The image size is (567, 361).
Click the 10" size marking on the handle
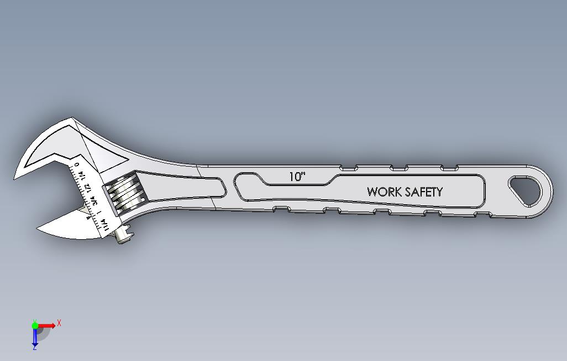[x=297, y=177]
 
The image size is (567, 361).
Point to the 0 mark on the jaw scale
[x=77, y=164]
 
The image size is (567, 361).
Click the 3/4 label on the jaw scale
[x=94, y=200]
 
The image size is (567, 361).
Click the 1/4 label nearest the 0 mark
[x=82, y=176]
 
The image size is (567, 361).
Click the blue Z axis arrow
[x=35, y=337]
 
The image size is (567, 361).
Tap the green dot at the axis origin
[x=35, y=324]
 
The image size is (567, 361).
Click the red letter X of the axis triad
[x=59, y=322]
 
